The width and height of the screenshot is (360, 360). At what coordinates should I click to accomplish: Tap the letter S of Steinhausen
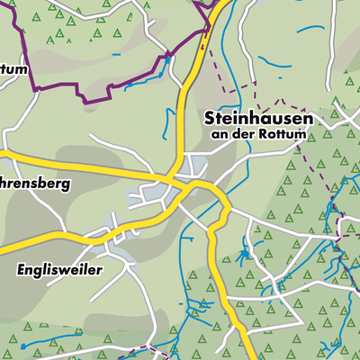click(210, 118)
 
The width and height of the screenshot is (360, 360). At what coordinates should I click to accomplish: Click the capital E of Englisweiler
click(20, 268)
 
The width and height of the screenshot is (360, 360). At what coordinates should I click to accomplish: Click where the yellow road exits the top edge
click(220, 3)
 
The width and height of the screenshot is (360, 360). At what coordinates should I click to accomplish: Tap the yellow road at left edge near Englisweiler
click(4, 244)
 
